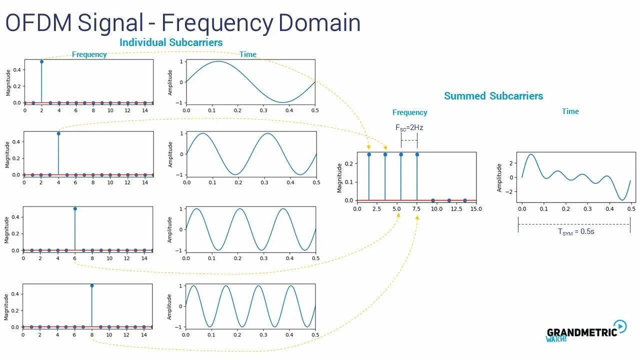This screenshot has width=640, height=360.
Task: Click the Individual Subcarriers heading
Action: coord(171,42)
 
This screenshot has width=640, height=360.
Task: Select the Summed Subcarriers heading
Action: coord(493,96)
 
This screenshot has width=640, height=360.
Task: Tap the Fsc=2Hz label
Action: coord(409,127)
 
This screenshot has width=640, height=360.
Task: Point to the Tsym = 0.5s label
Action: coord(576,231)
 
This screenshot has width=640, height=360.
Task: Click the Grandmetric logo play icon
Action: coord(620,326)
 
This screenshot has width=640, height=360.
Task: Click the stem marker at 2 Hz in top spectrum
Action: coord(41,61)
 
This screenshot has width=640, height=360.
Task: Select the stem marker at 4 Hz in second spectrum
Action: coord(58,133)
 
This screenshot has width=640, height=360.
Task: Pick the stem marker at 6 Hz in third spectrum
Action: coord(75,208)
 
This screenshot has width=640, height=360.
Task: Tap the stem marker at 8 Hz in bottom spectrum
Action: coord(91,285)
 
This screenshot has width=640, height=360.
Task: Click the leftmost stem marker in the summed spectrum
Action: coord(369,154)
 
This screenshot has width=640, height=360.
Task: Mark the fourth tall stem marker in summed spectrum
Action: coord(417,154)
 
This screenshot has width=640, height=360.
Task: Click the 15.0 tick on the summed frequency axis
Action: coord(476,208)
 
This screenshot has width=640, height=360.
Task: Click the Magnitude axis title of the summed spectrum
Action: coord(340,177)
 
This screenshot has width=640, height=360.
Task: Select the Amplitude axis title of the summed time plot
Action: coord(498,177)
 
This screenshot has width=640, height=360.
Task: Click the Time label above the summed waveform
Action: coord(570,111)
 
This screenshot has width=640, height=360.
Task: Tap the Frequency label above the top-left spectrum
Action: coord(89,54)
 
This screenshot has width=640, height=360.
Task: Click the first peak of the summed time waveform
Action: coord(531,154)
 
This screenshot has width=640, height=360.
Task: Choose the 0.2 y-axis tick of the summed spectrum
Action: coord(348,163)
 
